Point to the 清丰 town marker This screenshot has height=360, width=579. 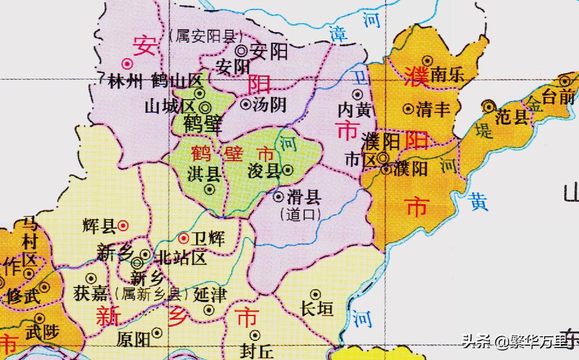tap(409, 109)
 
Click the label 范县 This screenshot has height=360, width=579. tap(512, 116)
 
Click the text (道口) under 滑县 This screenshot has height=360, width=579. tap(300, 214)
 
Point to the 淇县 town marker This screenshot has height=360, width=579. tap(209, 190)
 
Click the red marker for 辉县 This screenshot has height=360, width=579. tap(123, 225)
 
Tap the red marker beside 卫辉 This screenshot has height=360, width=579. tap(184, 238)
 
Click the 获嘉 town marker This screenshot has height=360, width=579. tap(91, 278)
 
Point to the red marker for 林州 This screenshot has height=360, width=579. tap(126, 64)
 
